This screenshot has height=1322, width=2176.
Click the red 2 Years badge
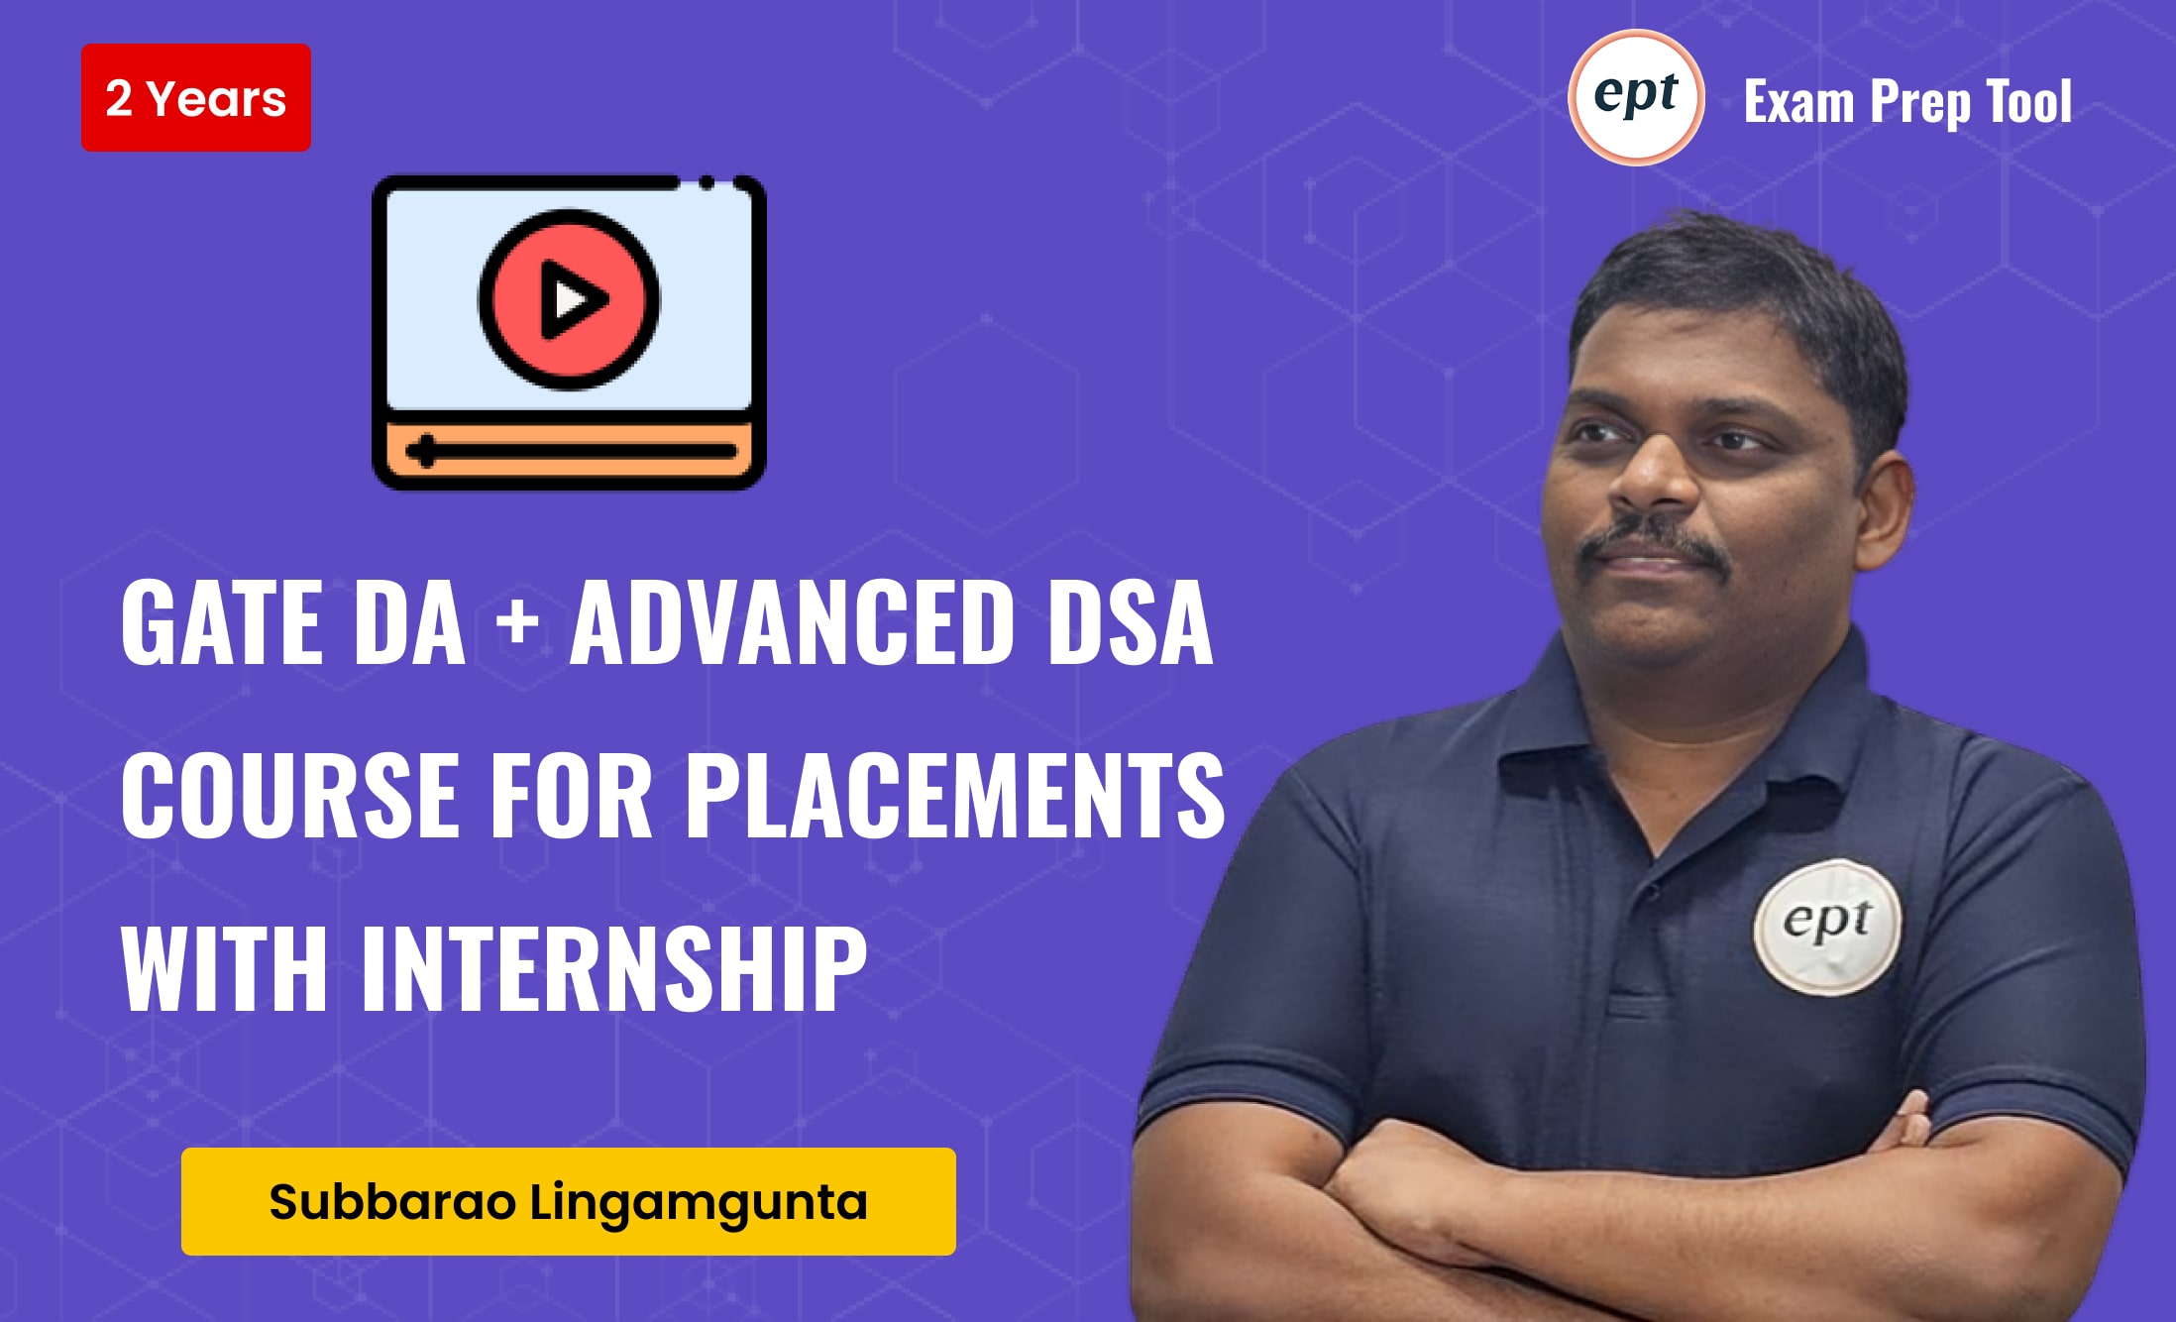tap(196, 98)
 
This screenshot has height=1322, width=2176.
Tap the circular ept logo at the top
tap(1636, 97)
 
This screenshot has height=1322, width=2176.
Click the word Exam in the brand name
tap(1798, 102)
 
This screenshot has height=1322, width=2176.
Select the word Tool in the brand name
tap(2028, 102)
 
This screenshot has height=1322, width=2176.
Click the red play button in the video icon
tap(569, 298)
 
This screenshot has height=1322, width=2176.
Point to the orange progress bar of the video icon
tap(569, 452)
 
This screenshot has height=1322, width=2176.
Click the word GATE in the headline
tap(222, 624)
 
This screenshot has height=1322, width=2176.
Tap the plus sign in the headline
tap(517, 624)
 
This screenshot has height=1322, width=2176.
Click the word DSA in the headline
tap(1131, 624)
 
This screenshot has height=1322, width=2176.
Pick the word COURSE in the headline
tap(291, 796)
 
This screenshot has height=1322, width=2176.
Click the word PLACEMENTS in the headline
tap(954, 796)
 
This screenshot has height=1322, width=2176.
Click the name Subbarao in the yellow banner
tap(392, 1202)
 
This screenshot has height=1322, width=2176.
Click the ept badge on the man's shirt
tap(1827, 926)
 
